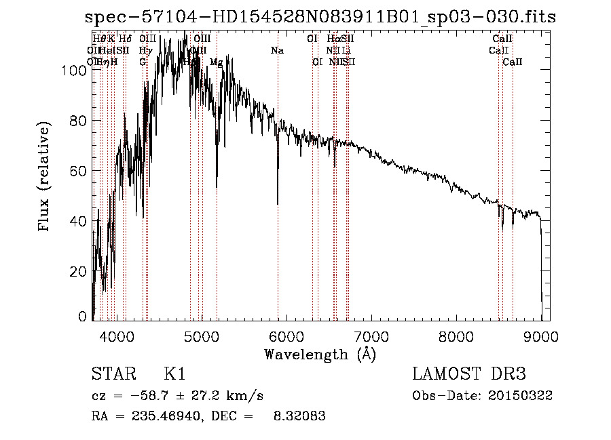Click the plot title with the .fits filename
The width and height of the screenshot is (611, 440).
(x=324, y=18)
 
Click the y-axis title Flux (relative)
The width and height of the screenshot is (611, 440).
(x=45, y=178)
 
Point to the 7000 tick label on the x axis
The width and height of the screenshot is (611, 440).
(x=371, y=336)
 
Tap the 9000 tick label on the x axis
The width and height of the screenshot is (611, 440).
(x=541, y=336)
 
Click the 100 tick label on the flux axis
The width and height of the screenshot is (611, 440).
(x=76, y=70)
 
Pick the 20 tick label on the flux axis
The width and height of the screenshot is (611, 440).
(x=79, y=271)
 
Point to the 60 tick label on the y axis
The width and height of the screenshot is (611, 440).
(x=79, y=171)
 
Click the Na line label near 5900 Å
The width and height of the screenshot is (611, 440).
(x=277, y=51)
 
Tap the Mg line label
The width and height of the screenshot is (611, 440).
(x=216, y=62)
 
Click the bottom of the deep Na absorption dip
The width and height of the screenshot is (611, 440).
(x=278, y=203)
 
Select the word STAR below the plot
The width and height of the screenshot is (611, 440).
(x=113, y=374)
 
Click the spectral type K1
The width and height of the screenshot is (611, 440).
(x=174, y=374)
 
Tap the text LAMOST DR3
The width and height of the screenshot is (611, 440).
(x=469, y=374)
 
